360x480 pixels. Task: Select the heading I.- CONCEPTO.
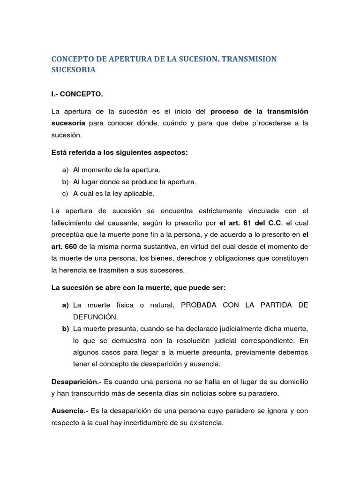(76, 94)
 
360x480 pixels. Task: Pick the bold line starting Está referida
(119, 153)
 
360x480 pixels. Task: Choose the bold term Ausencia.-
(69, 411)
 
